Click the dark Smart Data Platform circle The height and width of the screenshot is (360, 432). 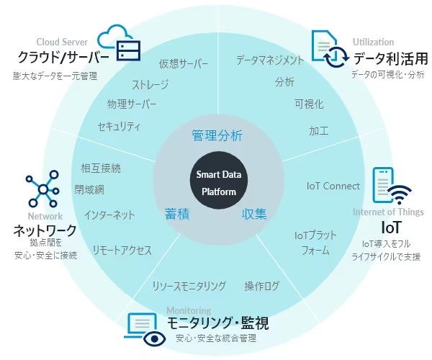tap(219, 180)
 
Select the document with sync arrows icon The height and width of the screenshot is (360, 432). tap(330, 49)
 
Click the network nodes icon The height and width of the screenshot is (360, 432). tap(42, 189)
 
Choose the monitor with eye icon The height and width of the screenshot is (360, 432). tap(145, 329)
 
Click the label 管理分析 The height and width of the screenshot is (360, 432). tap(217, 135)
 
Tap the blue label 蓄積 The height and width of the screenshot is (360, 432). tap(177, 214)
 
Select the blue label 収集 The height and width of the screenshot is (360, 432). tap(254, 214)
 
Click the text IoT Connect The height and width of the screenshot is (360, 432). tap(333, 186)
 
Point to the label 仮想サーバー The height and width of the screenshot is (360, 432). tap(183, 63)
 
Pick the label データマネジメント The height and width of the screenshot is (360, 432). tap(270, 60)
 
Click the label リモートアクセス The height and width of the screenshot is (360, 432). tap(122, 251)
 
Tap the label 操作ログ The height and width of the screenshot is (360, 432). tap(262, 286)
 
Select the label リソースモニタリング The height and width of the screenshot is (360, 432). tap(189, 286)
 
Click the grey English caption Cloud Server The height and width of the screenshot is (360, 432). tap(62, 42)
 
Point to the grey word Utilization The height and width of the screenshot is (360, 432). tap(373, 42)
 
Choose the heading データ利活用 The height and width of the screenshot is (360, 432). tap(391, 58)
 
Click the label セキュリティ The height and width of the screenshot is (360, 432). tap(119, 127)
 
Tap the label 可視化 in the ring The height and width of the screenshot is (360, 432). tap(309, 104)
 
